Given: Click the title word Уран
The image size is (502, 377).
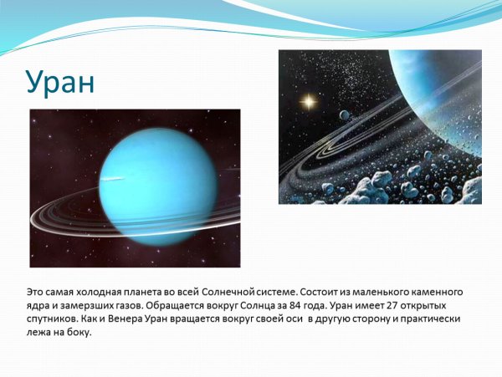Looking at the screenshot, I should [59, 83].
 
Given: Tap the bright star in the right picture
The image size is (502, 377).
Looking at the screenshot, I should [308, 102].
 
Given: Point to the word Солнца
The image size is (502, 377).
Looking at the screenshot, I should [271, 306].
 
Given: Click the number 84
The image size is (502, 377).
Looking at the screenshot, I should [314, 306].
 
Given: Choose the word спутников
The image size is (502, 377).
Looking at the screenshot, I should [53, 319].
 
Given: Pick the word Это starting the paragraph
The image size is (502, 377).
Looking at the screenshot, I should [36, 293].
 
